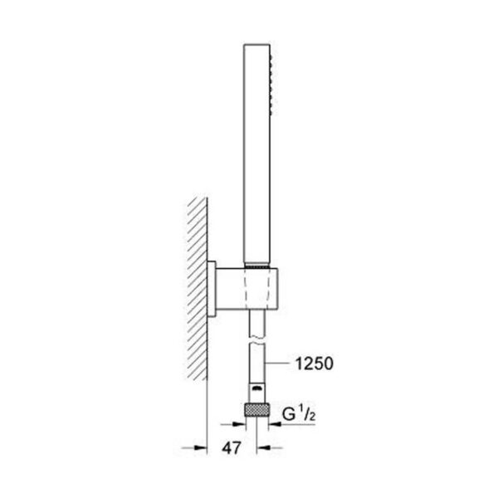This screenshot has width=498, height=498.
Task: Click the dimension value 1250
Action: [315, 364]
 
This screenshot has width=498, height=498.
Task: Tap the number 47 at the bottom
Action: [232, 448]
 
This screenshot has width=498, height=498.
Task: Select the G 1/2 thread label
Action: [299, 414]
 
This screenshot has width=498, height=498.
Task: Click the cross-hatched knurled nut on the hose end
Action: [257, 409]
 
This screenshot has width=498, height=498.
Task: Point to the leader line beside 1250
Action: [278, 364]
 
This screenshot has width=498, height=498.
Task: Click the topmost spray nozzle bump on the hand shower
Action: [271, 56]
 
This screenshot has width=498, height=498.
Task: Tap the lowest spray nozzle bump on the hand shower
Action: [271, 112]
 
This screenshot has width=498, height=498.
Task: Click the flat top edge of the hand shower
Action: [257, 44]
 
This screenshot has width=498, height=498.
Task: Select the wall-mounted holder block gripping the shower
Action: [247, 289]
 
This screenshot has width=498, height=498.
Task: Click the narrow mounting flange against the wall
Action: [212, 289]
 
